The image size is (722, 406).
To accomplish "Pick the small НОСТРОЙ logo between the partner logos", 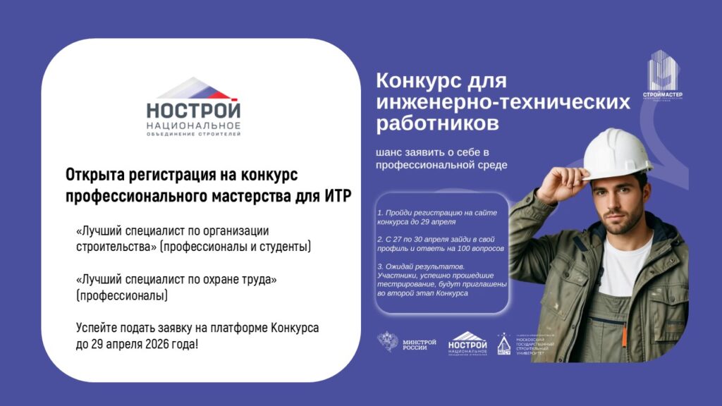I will point(467,343).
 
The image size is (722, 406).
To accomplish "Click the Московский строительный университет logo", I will point(525,343).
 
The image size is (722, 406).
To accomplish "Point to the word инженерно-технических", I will point(503,103).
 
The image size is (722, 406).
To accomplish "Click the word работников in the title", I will point(437,124).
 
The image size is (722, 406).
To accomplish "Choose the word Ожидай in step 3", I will point(400,266).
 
